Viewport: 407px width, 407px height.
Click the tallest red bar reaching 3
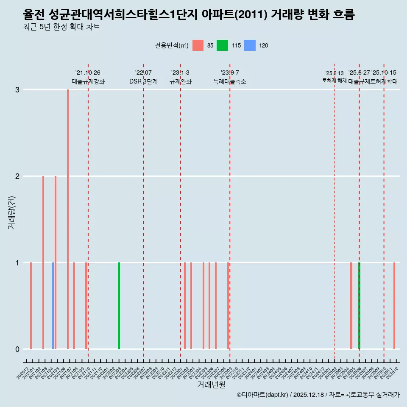[x=68, y=212]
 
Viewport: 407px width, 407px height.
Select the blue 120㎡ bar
[x=53, y=305]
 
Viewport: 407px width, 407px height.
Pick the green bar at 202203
[x=119, y=305]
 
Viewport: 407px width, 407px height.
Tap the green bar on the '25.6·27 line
[x=359, y=305]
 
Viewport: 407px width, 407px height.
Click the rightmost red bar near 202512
[x=394, y=305]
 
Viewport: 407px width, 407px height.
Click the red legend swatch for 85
[x=198, y=45]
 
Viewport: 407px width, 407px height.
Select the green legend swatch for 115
[x=222, y=45]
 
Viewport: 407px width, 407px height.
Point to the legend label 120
[x=263, y=46]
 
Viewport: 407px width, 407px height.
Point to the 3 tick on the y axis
[x=17, y=90]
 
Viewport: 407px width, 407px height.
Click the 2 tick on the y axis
[x=17, y=176]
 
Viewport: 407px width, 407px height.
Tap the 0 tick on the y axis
[x=17, y=349]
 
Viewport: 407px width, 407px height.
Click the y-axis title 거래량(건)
[x=12, y=212]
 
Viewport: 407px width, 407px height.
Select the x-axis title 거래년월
[x=211, y=385]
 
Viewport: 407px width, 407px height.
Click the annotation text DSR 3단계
[x=143, y=81]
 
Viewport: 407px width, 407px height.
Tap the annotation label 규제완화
[x=181, y=81]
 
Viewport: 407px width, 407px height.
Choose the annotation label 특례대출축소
[x=230, y=81]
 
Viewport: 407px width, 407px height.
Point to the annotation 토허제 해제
[x=335, y=81]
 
